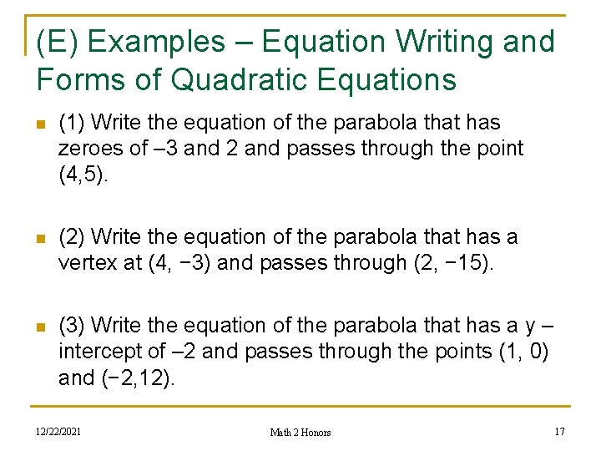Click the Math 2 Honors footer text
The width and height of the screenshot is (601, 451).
point(300,433)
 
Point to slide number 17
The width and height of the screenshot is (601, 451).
point(560,432)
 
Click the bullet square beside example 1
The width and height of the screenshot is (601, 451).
point(40,124)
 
